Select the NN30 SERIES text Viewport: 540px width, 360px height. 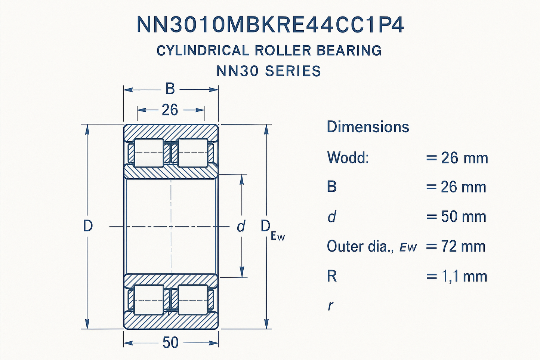(x=269, y=71)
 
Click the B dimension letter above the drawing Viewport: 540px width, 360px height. (x=170, y=89)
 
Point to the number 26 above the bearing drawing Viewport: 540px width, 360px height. (x=170, y=110)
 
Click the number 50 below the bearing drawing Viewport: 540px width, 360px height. (x=170, y=342)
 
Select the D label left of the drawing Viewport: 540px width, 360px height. (x=88, y=226)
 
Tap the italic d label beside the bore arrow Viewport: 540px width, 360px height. (x=241, y=226)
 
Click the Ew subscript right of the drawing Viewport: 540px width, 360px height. (x=278, y=236)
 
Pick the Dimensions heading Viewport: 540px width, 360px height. (x=368, y=127)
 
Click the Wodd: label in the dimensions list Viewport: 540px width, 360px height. (x=348, y=158)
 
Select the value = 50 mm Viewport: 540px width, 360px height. (x=456, y=217)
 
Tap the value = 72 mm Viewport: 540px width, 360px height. (x=456, y=247)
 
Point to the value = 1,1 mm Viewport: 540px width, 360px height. (x=457, y=277)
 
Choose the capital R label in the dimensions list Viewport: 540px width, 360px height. (x=332, y=277)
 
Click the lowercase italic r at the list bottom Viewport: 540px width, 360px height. (x=330, y=306)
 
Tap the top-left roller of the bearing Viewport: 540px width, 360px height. (x=149, y=153)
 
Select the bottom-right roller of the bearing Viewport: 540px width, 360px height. (x=193, y=299)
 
